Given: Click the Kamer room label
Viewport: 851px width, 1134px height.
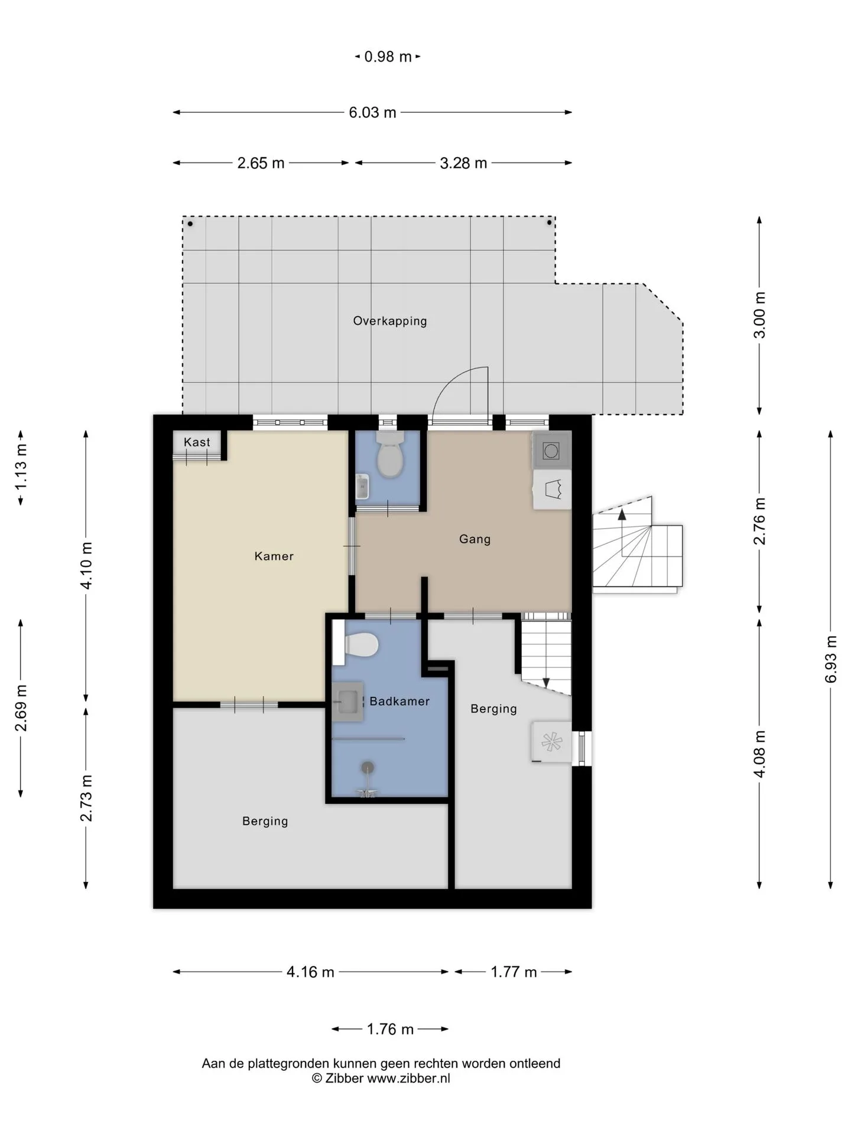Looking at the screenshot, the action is tap(274, 556).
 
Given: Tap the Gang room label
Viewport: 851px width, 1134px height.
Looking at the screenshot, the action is tap(475, 539).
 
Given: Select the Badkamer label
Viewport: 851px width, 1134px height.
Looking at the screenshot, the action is tap(399, 701).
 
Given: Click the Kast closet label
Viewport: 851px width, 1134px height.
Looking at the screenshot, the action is tap(197, 442).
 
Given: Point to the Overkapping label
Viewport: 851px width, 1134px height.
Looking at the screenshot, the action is tap(390, 321).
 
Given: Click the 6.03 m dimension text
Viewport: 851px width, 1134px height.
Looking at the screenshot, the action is tap(372, 112).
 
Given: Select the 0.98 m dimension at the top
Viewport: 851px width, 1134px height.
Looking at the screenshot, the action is tap(388, 57).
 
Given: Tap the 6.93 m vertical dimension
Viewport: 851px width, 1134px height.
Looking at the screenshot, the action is tap(831, 659).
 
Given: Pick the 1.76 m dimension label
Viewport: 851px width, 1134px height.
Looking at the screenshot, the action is tap(390, 1029).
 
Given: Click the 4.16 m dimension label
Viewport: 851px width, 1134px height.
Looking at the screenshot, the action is tap(310, 972).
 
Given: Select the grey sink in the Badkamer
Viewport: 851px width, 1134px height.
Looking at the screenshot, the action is tap(347, 701).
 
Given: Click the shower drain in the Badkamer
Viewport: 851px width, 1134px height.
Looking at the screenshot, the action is tap(368, 767).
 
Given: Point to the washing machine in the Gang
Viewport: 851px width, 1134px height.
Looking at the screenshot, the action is tap(552, 451).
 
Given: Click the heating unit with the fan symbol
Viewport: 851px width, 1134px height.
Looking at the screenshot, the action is tap(551, 742).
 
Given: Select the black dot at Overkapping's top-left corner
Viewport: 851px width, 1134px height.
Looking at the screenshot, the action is tap(190, 224).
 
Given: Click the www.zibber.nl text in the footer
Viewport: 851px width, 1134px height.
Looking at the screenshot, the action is tap(408, 1078).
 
